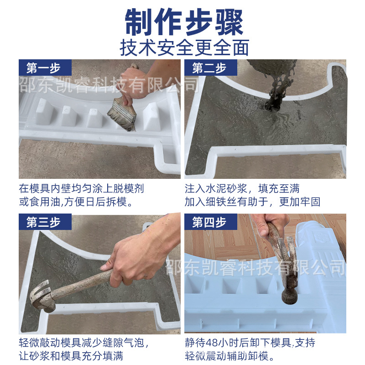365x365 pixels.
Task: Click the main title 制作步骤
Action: click(184, 22)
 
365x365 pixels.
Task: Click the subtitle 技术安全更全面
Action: click(184, 48)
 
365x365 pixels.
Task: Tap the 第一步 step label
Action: click(43, 68)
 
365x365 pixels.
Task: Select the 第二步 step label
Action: click(209, 68)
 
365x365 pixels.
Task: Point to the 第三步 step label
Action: click(43, 222)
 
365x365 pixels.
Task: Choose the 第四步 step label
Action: click(209, 222)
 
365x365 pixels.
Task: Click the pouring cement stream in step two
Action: click(275, 93)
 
